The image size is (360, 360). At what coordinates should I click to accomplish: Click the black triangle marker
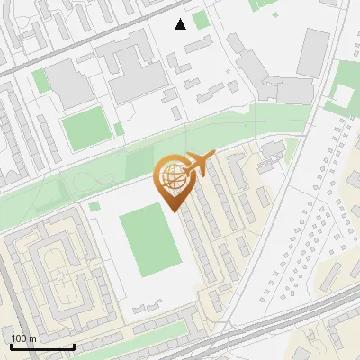click(x=181, y=23)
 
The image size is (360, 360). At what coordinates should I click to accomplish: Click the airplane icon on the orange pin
click(x=198, y=165)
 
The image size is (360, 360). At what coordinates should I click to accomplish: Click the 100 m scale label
click(x=23, y=338)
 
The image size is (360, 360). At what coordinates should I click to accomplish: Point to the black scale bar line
click(x=42, y=346)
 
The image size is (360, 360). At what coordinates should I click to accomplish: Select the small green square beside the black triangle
click(x=200, y=19)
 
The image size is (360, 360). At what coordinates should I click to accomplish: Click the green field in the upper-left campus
click(x=84, y=127)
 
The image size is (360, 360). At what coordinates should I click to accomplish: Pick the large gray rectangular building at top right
click(x=314, y=47)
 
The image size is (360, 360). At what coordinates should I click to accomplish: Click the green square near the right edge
click(x=342, y=94)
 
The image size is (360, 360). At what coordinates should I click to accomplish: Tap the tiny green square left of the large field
click(x=94, y=206)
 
